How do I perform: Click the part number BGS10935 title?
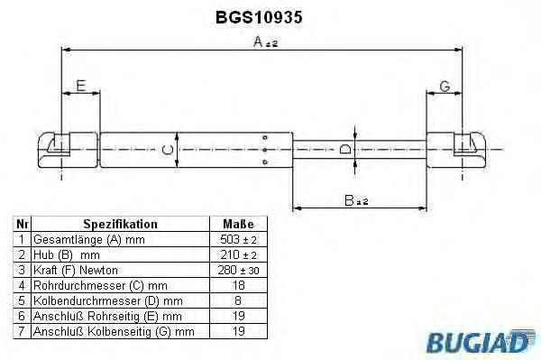(x=259, y=17)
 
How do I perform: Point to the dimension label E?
(x=81, y=86)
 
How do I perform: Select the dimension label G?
(x=445, y=87)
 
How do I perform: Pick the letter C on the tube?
(x=168, y=150)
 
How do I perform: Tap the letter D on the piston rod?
(x=345, y=150)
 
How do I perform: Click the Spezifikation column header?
(x=121, y=224)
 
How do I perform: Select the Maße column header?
(x=238, y=224)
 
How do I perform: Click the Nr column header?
(x=22, y=224)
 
